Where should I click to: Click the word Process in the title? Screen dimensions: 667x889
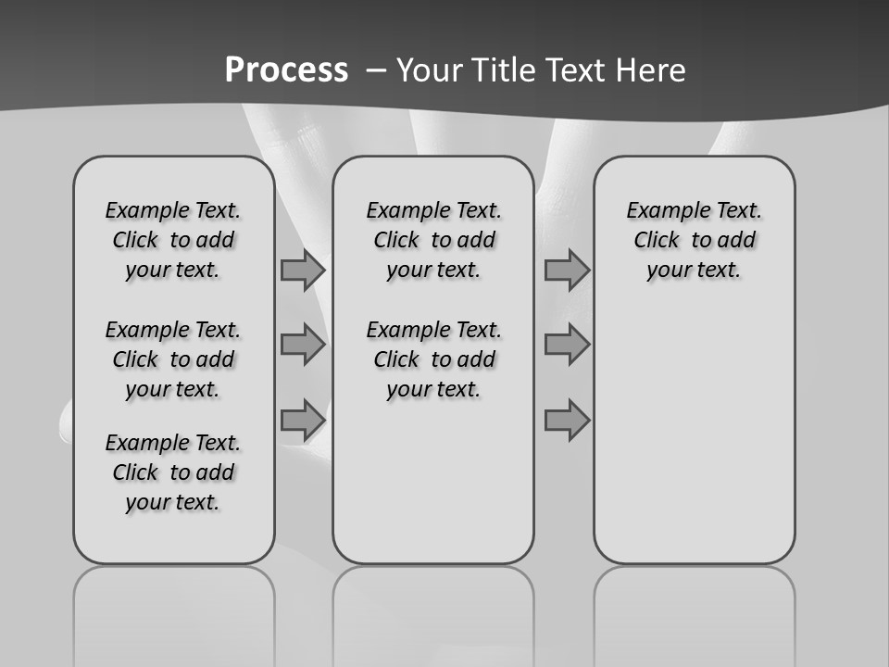tap(286, 70)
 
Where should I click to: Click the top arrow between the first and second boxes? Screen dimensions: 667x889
tap(303, 271)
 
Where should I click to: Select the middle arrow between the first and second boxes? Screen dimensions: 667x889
tap(303, 345)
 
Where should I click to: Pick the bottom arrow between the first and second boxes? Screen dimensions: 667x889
tap(303, 420)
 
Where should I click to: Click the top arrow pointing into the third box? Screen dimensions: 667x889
tap(567, 271)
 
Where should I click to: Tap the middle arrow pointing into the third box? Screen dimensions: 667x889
tap(567, 345)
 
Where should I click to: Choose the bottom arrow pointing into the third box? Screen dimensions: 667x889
tap(567, 420)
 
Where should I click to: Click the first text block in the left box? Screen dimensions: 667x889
tap(173, 240)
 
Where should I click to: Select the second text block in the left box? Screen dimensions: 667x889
tap(173, 359)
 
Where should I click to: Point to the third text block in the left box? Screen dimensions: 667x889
tap(173, 472)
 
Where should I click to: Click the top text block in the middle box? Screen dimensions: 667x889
tap(433, 240)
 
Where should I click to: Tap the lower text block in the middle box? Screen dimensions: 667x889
tap(433, 359)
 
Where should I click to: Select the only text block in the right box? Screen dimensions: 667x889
tap(694, 240)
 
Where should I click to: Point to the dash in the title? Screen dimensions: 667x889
tap(376, 70)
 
